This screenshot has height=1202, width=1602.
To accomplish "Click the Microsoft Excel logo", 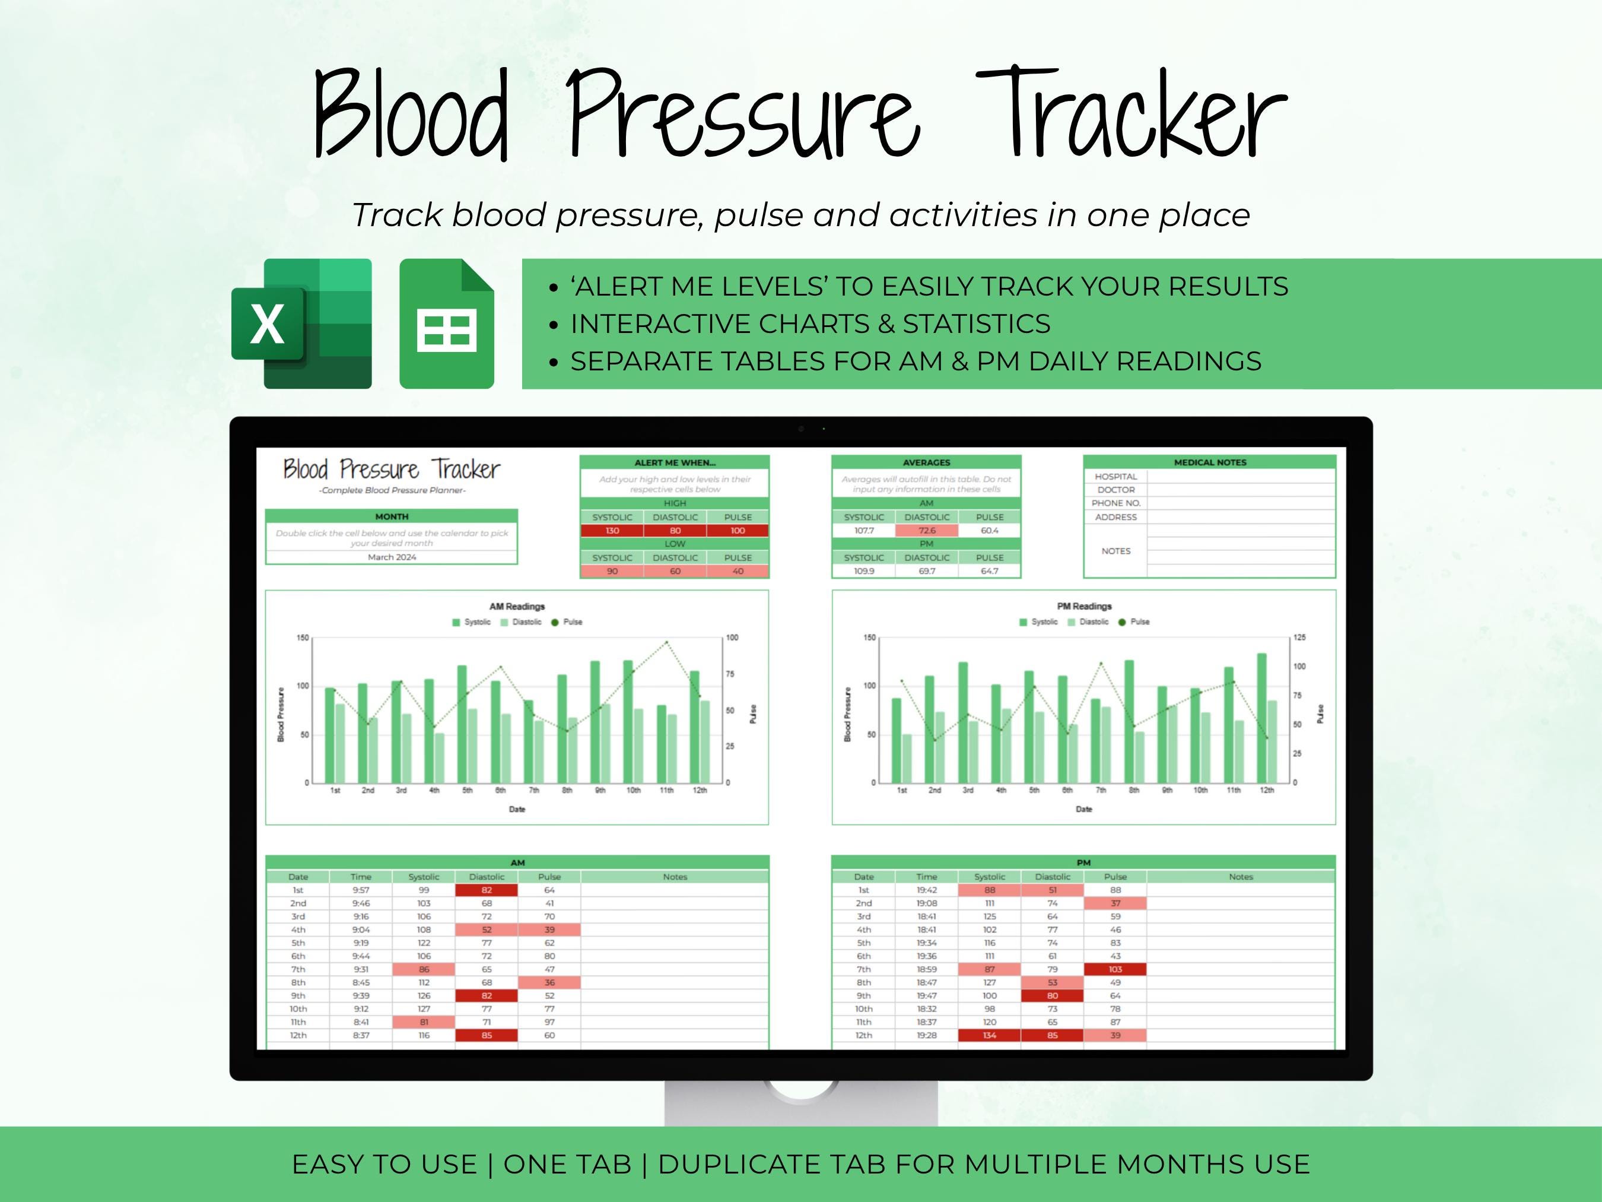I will click(x=301, y=324).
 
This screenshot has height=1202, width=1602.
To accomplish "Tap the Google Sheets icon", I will click(x=446, y=324).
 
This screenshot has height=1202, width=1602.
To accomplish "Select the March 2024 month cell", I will click(x=392, y=557).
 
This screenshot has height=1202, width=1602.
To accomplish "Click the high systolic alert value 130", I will click(x=612, y=530).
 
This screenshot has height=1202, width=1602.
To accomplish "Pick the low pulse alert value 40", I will click(x=738, y=571).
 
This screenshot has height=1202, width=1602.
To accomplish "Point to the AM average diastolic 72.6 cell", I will click(x=926, y=530).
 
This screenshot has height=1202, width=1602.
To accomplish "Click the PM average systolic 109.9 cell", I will click(x=863, y=571).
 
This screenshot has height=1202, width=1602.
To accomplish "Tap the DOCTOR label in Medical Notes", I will click(x=1115, y=490).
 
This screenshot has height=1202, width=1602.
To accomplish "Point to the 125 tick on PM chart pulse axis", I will click(x=1299, y=638).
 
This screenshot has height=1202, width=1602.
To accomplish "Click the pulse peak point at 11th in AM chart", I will click(x=667, y=642).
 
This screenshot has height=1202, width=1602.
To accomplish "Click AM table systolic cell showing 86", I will click(x=424, y=969).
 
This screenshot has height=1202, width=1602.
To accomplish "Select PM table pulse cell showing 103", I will click(x=1115, y=969).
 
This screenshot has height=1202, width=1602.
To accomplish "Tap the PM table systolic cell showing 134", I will click(x=989, y=1035).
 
